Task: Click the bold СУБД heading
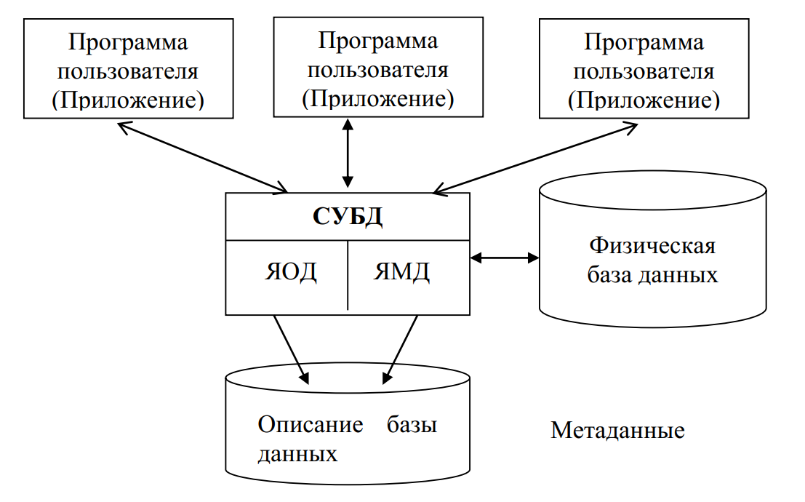point(348,217)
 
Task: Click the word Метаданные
point(617,430)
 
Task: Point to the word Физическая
point(652,245)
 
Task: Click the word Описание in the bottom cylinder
point(311,425)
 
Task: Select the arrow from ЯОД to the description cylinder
point(290,349)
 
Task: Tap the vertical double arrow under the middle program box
point(348,153)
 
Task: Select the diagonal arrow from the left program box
point(203,157)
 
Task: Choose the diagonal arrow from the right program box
point(534,157)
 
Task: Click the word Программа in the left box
point(128,42)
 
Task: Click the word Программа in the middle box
point(378,40)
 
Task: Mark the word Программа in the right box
point(644,42)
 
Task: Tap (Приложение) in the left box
point(128,100)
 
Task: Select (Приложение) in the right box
point(644,100)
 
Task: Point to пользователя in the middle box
point(378,70)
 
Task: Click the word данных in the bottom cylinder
point(297,455)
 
